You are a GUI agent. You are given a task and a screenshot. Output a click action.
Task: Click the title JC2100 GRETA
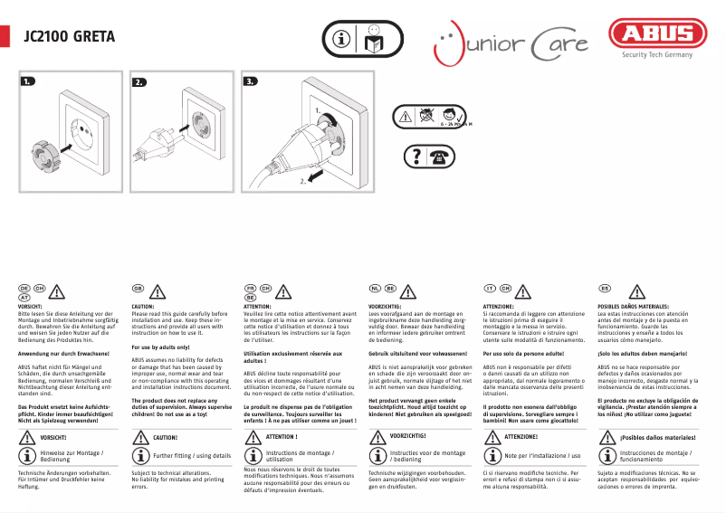69,38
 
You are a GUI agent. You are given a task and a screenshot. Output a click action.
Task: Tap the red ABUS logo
657,36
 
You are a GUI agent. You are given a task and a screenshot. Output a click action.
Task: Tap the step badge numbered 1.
28,81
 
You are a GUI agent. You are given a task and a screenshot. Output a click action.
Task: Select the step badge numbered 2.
139,81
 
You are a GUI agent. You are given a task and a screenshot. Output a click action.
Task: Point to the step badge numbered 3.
251,81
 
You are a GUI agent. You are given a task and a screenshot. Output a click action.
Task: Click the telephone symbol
442,155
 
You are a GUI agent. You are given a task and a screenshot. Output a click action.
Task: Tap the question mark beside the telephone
416,155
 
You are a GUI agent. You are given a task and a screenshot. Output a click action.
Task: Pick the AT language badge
25,296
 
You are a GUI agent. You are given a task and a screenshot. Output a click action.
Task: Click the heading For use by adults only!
160,347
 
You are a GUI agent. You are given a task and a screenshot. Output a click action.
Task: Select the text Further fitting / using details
192,455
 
